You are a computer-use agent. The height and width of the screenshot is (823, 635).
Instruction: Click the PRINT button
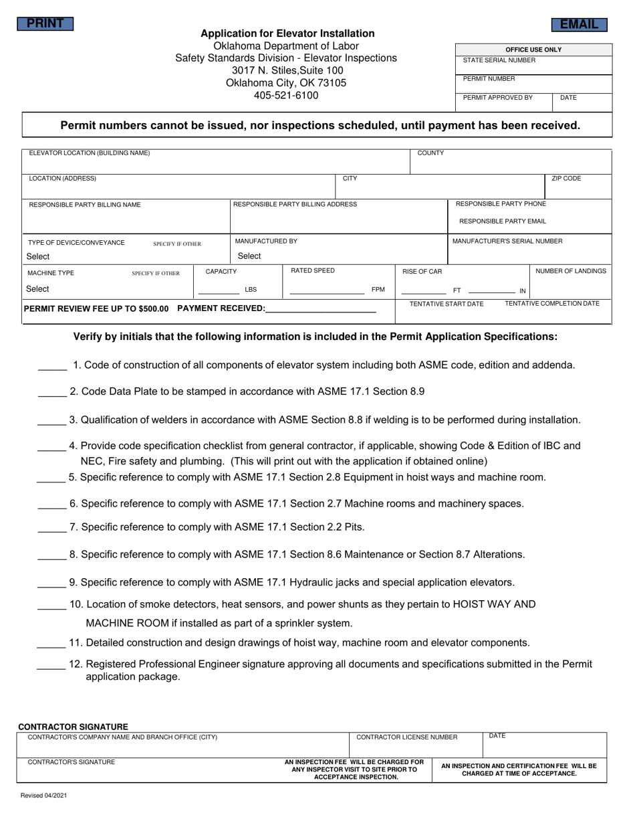(x=45, y=24)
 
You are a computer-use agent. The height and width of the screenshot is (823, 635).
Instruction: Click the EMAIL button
(x=579, y=25)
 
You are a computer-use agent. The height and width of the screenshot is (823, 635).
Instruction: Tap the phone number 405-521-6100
(x=286, y=96)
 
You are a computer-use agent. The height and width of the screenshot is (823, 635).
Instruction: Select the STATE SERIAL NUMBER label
(x=499, y=60)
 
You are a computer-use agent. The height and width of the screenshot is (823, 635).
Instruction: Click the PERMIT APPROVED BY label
(x=498, y=98)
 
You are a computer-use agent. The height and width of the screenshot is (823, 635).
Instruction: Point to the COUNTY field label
(x=430, y=153)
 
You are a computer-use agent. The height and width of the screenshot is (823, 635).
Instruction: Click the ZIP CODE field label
(x=566, y=179)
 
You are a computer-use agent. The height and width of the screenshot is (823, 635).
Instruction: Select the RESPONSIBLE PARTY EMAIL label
(x=502, y=221)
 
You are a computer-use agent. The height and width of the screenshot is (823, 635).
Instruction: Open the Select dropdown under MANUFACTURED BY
(x=249, y=256)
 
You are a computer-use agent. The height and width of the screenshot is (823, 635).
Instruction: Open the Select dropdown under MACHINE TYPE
(x=37, y=289)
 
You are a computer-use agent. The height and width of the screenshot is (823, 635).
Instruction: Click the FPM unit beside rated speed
(x=378, y=290)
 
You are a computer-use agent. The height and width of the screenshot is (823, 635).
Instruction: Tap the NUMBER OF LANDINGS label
(x=571, y=272)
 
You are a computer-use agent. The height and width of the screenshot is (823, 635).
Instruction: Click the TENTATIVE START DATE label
(x=447, y=304)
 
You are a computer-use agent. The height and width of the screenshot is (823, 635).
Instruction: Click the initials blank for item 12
(x=51, y=665)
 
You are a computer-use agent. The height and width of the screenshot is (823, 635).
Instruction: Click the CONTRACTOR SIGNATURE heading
(x=73, y=727)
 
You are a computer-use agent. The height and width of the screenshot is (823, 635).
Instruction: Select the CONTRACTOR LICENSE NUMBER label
(x=407, y=737)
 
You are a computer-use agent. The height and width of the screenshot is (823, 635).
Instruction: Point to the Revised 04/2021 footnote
(x=43, y=796)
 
